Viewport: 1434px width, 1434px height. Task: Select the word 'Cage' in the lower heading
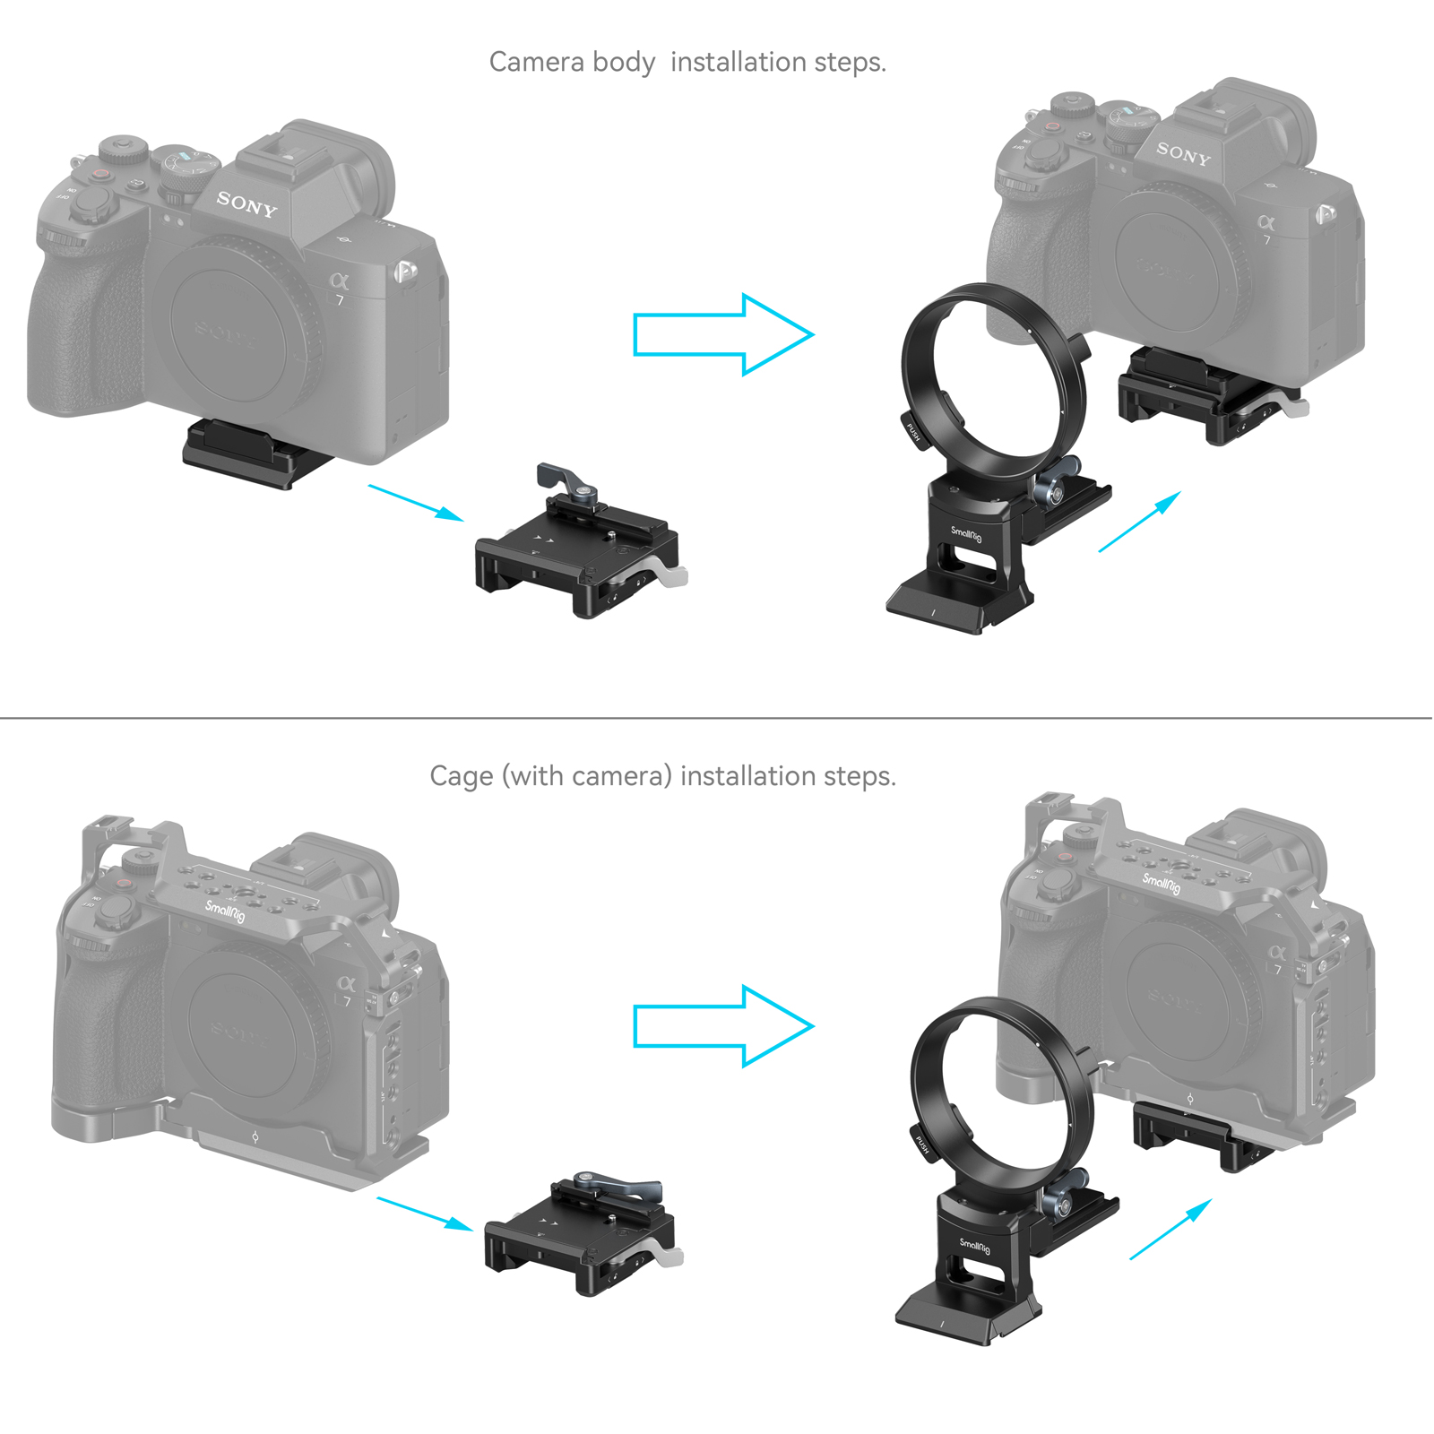click(x=461, y=776)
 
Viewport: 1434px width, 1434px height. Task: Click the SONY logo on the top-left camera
click(x=246, y=205)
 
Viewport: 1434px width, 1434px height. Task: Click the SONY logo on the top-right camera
click(x=1183, y=154)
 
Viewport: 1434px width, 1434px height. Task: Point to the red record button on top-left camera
click(x=102, y=173)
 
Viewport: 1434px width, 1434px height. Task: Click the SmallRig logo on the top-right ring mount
click(x=966, y=534)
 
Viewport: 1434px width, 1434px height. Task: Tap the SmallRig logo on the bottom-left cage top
click(x=224, y=912)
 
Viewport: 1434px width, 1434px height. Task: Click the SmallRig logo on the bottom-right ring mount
click(x=974, y=1245)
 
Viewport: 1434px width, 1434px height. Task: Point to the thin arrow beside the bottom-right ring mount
click(x=1171, y=1229)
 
